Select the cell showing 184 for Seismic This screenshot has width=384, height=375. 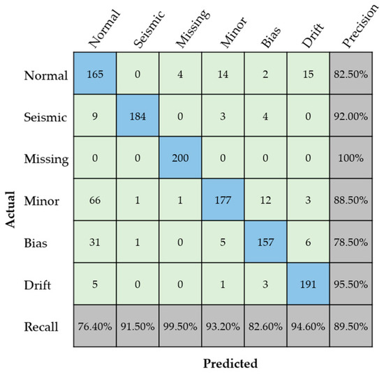(x=137, y=118)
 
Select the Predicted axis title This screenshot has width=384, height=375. (x=230, y=363)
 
